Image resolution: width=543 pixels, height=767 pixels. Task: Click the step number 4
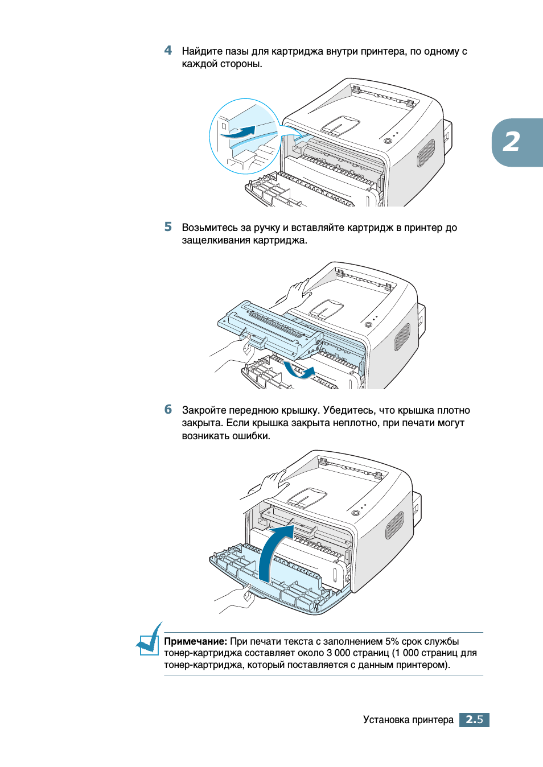click(x=168, y=51)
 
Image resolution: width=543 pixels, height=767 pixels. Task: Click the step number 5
click(x=168, y=227)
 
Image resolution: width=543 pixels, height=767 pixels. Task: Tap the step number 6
click(x=168, y=410)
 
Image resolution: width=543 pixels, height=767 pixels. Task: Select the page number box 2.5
click(x=474, y=720)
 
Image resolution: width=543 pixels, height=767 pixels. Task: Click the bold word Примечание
click(x=195, y=641)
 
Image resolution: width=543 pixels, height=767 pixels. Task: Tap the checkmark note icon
click(x=150, y=641)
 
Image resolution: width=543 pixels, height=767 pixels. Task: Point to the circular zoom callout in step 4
click(x=245, y=137)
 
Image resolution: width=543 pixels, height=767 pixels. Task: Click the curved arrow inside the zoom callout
click(x=239, y=133)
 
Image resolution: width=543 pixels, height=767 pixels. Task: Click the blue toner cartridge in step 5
click(x=268, y=330)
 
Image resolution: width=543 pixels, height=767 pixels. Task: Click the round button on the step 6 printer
click(x=356, y=513)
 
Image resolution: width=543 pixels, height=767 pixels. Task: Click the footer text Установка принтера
click(x=408, y=720)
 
